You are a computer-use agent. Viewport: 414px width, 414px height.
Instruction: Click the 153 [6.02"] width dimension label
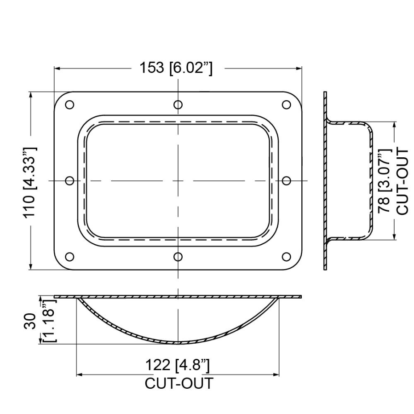[x=176, y=68]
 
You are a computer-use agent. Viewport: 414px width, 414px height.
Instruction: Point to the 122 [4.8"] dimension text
[x=178, y=366]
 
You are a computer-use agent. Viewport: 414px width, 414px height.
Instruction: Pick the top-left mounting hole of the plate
[x=69, y=105]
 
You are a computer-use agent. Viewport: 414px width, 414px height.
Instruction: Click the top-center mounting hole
[x=178, y=105]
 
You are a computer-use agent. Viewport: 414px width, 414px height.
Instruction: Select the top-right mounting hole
[x=286, y=105]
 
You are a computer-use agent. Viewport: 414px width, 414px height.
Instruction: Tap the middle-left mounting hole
[x=69, y=180]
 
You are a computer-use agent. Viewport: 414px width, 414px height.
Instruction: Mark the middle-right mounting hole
[x=286, y=180]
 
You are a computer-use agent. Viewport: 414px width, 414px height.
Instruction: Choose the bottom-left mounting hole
[x=69, y=257]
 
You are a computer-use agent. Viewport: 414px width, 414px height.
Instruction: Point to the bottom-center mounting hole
[x=178, y=257]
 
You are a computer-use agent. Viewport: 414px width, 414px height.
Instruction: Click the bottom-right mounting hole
[x=286, y=257]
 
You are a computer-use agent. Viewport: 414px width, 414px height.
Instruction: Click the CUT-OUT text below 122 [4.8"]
[x=179, y=383]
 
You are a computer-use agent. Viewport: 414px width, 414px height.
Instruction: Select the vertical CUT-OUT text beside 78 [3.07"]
[x=402, y=181]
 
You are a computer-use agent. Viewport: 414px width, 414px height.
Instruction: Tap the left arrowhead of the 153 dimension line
[x=57, y=68]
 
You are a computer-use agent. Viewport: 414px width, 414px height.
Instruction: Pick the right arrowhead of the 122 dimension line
[x=276, y=375]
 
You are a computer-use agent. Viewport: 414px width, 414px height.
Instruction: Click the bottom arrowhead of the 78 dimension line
[x=395, y=236]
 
